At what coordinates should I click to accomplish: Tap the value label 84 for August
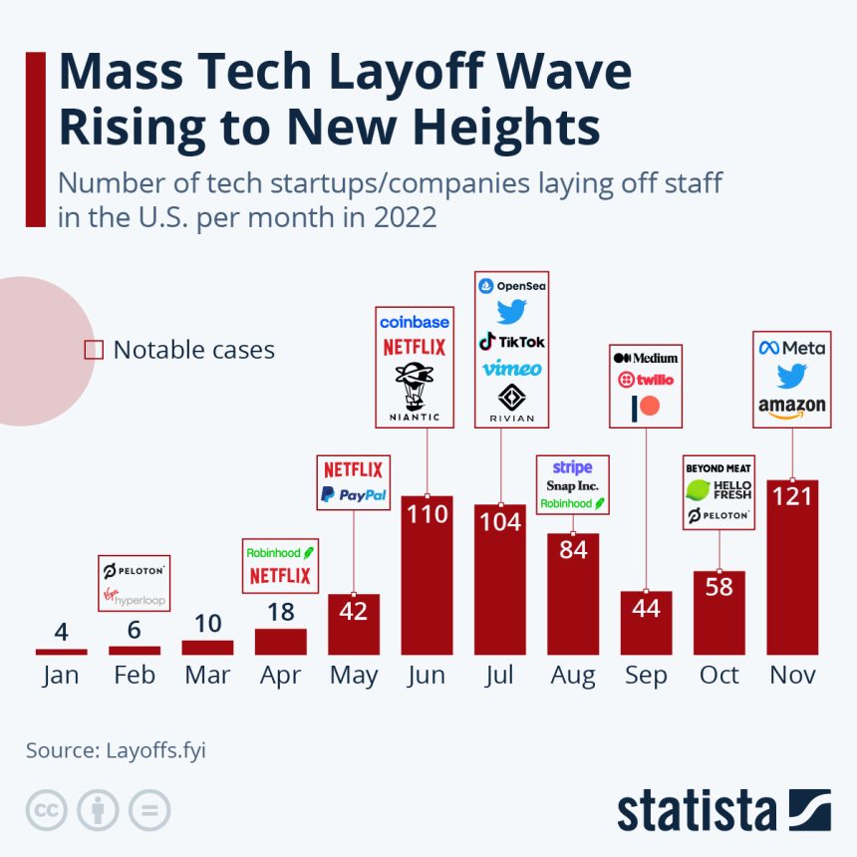(573, 548)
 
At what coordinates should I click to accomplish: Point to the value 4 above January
(61, 632)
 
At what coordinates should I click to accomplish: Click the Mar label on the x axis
(207, 675)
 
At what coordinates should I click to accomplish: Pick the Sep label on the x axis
(646, 675)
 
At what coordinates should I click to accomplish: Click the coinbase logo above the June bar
(415, 323)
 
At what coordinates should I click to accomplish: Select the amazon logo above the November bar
(792, 407)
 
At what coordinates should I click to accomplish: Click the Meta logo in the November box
(792, 348)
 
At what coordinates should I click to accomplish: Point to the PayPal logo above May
(354, 494)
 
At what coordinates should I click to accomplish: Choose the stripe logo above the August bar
(572, 467)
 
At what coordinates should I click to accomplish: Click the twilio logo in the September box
(646, 380)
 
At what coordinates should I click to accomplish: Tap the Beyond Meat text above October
(718, 467)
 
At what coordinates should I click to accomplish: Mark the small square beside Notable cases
(94, 350)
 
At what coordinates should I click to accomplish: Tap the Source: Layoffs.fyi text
(116, 750)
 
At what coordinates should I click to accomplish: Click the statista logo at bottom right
(723, 810)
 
